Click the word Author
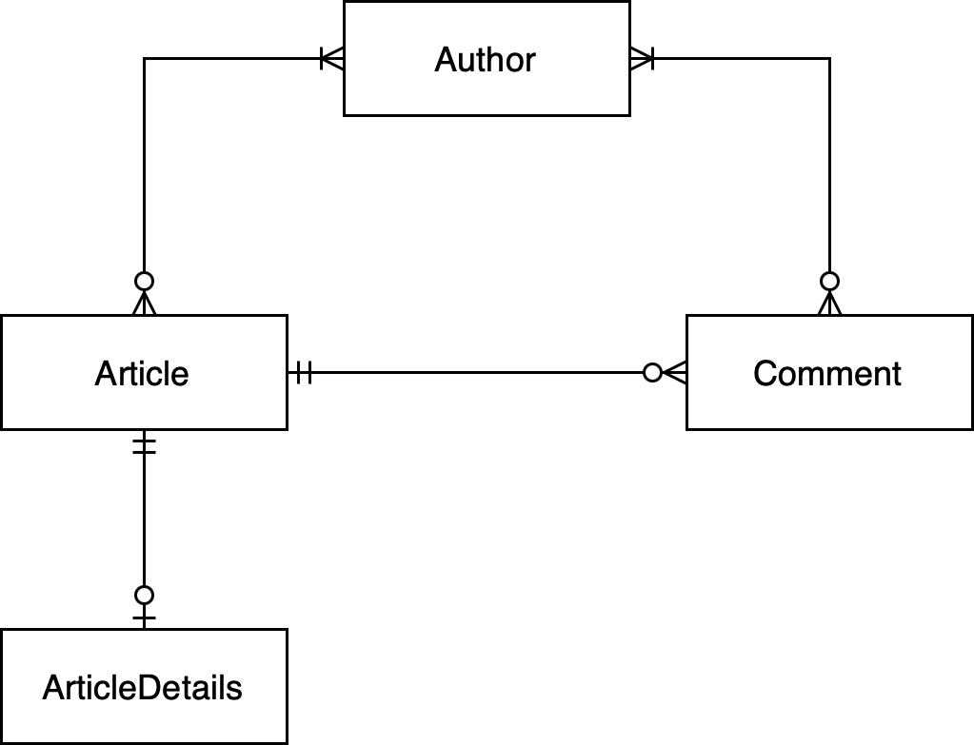[486, 60]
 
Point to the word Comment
[826, 373]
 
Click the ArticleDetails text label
[143, 687]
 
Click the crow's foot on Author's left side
[331, 59]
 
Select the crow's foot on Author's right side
[642, 59]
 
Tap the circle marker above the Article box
[144, 282]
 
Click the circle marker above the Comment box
[830, 282]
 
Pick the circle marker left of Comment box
[652, 373]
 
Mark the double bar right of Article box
[303, 373]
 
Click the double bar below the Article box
[144, 445]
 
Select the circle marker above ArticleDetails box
[144, 596]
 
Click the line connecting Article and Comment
[476, 373]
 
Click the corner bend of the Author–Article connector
[144, 59]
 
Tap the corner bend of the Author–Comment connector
[829, 59]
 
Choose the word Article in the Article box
[142, 373]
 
